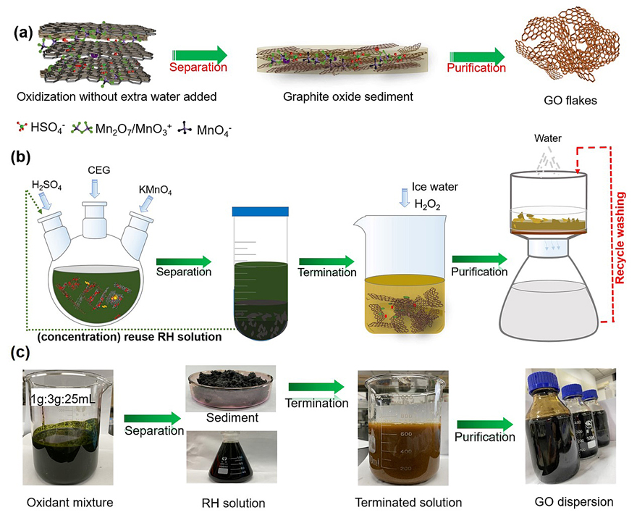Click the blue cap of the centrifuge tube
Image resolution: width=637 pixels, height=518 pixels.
[260, 210]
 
